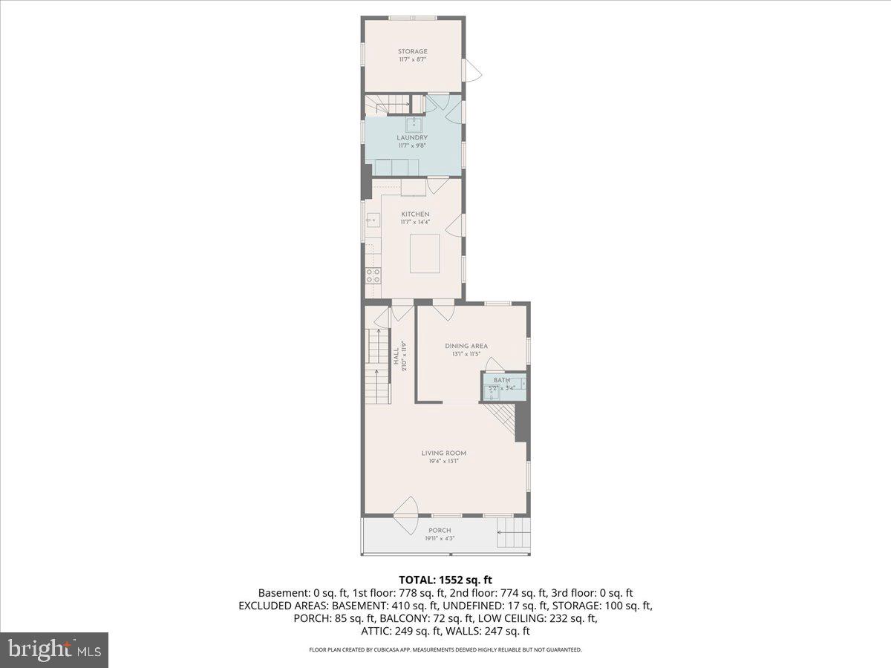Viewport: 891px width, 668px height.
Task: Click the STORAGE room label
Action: coord(412,51)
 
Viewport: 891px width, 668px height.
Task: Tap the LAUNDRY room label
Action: coord(412,137)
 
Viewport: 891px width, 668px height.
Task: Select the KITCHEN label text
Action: coord(415,214)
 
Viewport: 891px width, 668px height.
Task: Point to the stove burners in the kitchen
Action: coord(373,277)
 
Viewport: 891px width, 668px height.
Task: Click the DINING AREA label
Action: coord(466,346)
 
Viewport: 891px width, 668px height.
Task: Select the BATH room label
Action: coord(502,381)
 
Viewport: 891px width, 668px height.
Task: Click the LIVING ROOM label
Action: coord(444,453)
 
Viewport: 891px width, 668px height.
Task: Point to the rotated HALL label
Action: coord(396,356)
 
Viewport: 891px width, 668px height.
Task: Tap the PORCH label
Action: coord(439,530)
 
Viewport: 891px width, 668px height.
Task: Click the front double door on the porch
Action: coord(407,515)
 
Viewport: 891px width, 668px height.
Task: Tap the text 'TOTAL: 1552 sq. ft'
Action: coord(446,579)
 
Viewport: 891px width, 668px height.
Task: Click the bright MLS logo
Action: coord(54,650)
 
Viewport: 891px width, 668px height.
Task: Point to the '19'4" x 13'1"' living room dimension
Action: coord(444,462)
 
